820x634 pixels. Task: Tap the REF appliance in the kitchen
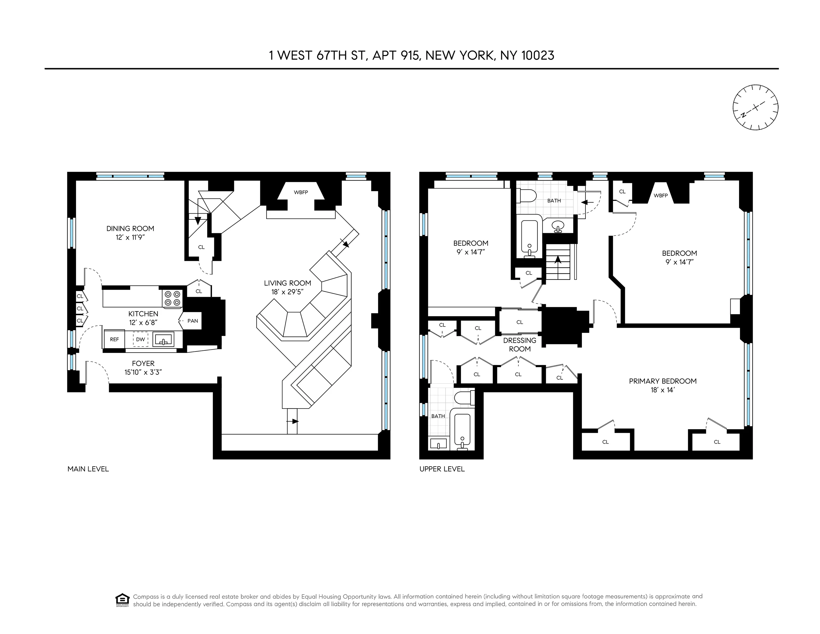tap(114, 339)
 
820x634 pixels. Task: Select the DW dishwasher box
tap(140, 339)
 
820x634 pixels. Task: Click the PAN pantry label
tap(193, 321)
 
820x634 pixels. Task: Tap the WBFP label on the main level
tap(301, 192)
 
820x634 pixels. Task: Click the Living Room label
tap(287, 283)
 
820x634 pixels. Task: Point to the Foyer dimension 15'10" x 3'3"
tap(143, 372)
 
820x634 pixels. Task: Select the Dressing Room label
tap(520, 344)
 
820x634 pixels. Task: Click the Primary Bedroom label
tap(663, 381)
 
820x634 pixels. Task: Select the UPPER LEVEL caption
tap(442, 469)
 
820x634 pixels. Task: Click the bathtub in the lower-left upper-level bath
tap(462, 430)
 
